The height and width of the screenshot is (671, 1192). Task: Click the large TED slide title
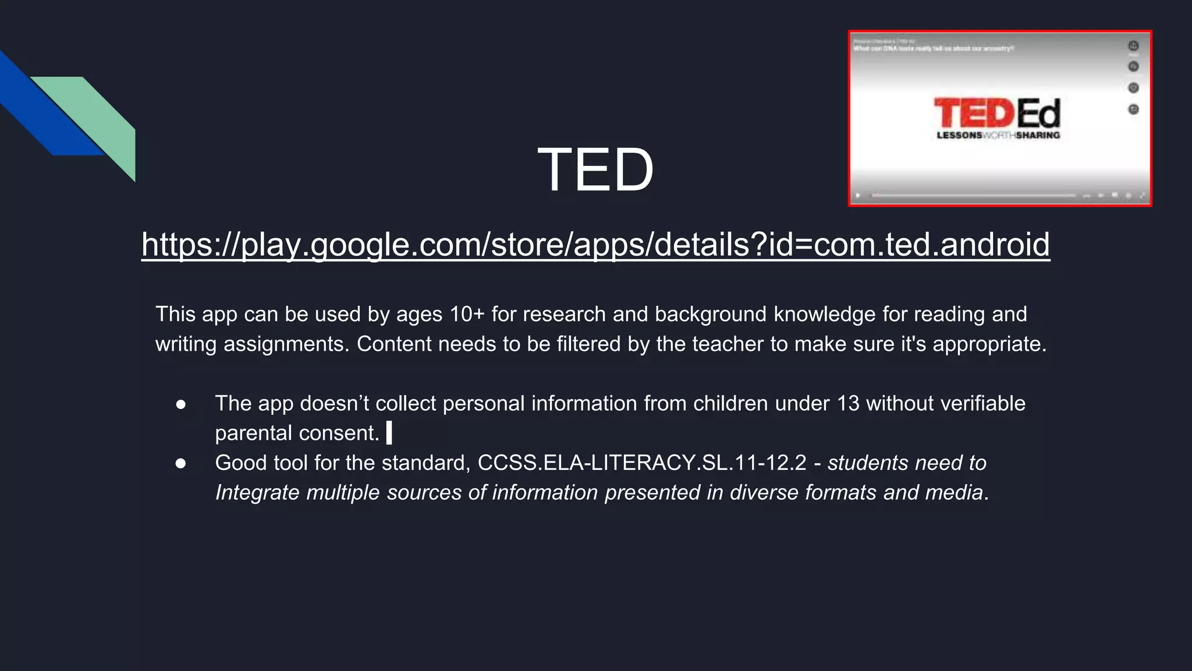click(x=595, y=169)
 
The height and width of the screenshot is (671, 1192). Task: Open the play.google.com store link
click(x=595, y=244)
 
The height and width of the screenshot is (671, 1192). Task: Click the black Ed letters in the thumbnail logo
click(x=1039, y=114)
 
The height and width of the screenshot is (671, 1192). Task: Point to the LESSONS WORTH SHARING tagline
click(x=998, y=135)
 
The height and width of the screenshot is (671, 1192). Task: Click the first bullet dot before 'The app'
click(x=180, y=404)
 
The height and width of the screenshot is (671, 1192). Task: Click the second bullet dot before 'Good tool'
click(x=180, y=464)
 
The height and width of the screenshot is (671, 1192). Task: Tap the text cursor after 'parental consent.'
click(x=389, y=433)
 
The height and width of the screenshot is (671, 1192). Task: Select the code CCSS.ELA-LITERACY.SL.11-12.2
click(x=641, y=463)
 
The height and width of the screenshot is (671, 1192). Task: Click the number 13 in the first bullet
click(x=847, y=404)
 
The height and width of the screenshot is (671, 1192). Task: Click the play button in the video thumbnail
click(x=858, y=196)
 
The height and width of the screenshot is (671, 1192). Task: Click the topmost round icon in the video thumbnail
click(x=1133, y=45)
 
